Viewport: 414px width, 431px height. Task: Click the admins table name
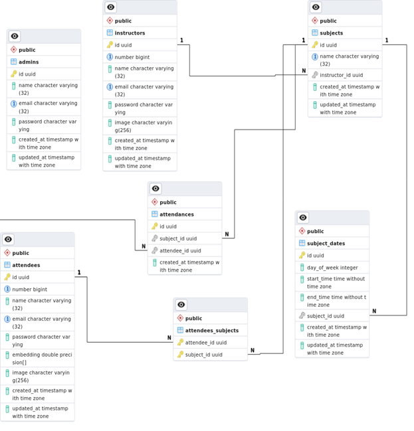pos(29,62)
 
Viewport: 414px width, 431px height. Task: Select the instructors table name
pos(130,33)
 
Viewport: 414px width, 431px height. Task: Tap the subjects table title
pos(331,33)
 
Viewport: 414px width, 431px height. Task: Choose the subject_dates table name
pos(326,243)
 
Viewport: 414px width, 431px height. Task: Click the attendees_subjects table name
pos(211,330)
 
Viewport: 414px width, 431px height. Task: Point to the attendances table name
pos(177,215)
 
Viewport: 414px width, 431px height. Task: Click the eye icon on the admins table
pos(15,37)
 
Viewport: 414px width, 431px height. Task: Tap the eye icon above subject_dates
pos(303,218)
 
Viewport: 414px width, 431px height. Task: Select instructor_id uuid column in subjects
pos(341,75)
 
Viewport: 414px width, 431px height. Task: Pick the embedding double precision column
pos(41,359)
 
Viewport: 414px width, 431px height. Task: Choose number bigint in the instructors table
pos(132,57)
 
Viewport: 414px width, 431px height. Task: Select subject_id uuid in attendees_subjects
pos(203,355)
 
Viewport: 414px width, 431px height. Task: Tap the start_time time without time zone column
pos(336,283)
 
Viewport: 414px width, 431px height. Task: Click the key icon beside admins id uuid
pos(13,74)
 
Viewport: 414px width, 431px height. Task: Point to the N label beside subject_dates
pos(373,311)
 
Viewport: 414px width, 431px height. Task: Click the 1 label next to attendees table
pos(79,272)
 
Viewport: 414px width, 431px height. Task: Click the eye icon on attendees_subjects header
pos(181,305)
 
